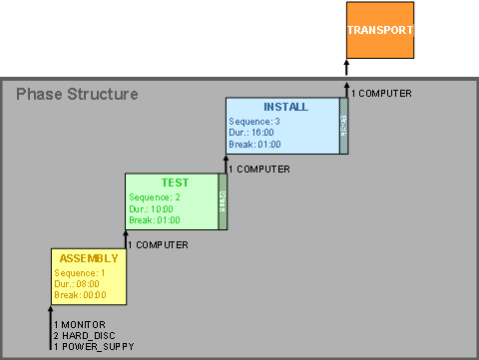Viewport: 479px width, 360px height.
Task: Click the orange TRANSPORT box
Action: (x=379, y=30)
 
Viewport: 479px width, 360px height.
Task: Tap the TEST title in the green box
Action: (x=175, y=182)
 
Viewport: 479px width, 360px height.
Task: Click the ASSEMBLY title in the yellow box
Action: (x=88, y=258)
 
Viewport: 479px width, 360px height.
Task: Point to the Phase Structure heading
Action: (x=77, y=95)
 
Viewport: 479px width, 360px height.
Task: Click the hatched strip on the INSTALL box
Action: (x=343, y=125)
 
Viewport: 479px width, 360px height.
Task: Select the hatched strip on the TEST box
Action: (x=223, y=201)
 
